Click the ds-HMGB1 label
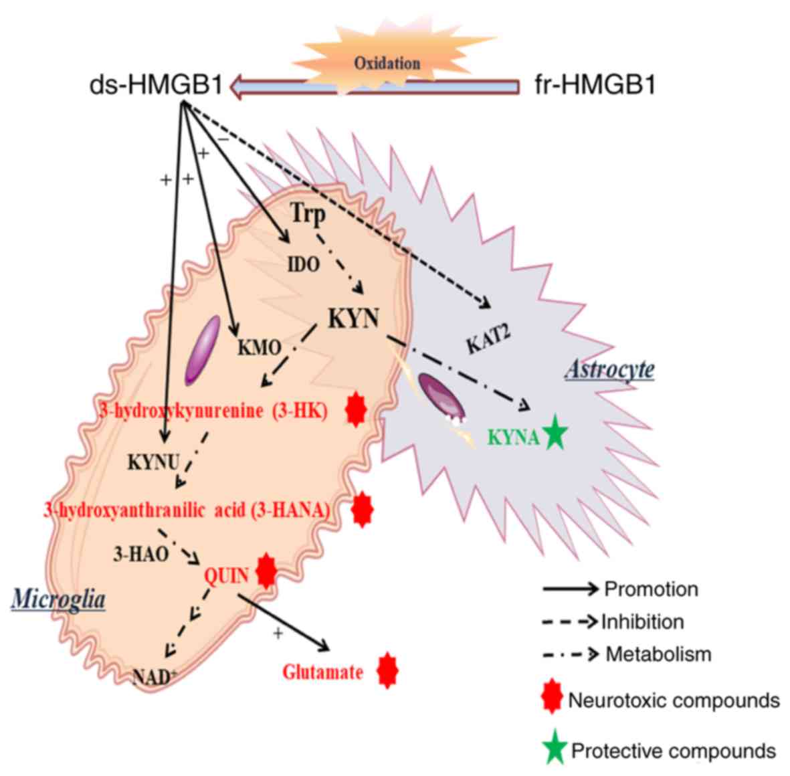tap(155, 87)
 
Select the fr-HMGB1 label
tap(596, 87)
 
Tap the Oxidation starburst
tap(387, 63)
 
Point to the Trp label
tap(309, 214)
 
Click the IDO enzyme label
tap(303, 264)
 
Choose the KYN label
tap(353, 318)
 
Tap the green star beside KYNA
tap(555, 434)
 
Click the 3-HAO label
tap(140, 554)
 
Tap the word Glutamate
tap(323, 672)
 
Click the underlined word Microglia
tap(59, 599)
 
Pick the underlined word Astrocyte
tap(610, 369)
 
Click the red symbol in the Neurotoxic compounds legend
tap(551, 700)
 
